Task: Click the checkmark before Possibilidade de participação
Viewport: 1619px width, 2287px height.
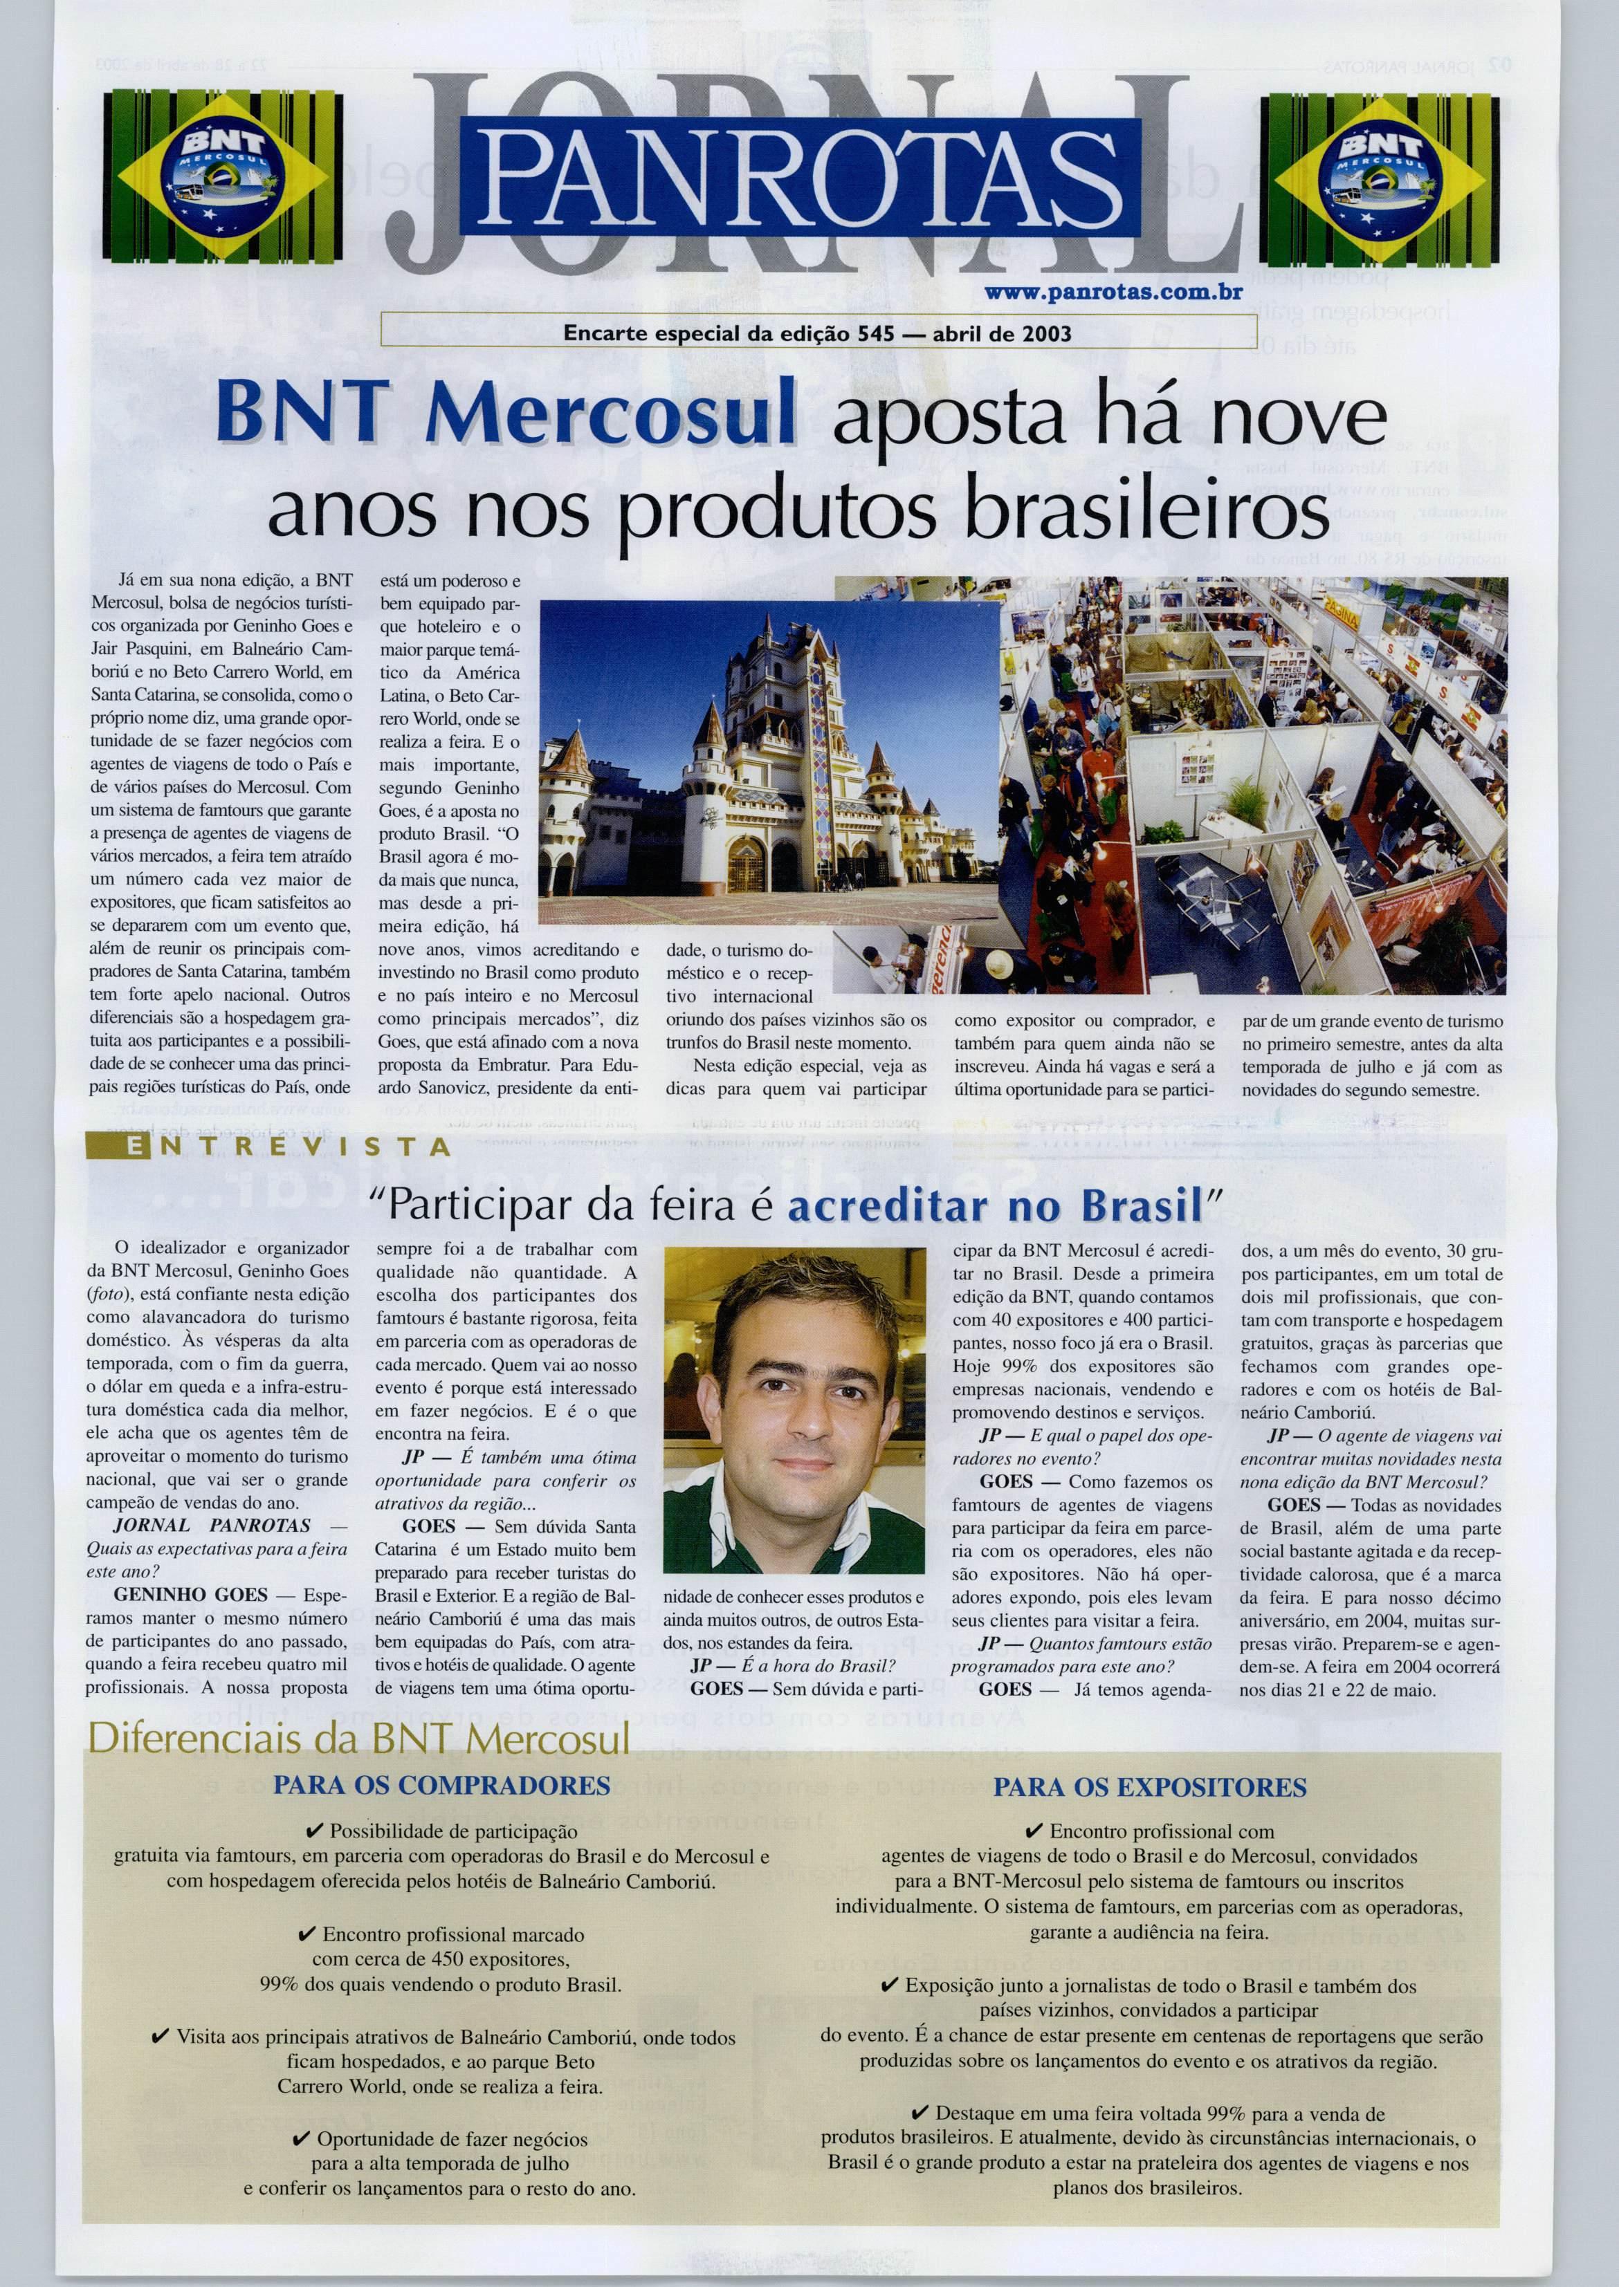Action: tap(314, 1831)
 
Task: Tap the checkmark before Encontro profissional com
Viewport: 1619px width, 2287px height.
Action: tap(1034, 1831)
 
